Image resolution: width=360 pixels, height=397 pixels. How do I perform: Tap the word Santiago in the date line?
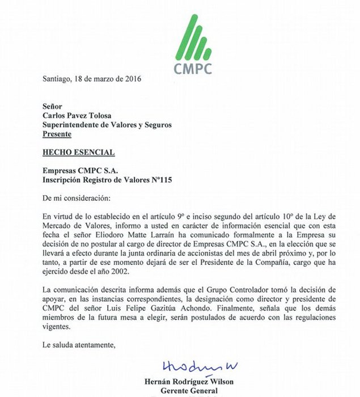tap(58, 79)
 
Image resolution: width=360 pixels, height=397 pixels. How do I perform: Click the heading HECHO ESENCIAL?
tap(79, 152)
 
